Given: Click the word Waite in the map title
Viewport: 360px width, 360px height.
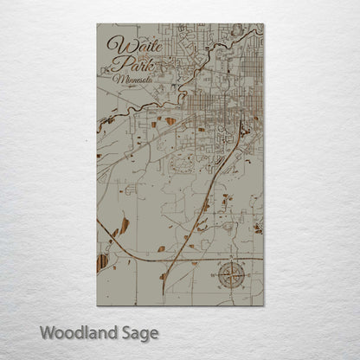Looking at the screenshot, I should coord(130,45).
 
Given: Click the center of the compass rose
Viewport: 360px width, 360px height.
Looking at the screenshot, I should coord(231,274).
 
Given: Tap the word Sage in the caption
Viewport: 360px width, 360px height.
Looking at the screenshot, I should coord(137,332).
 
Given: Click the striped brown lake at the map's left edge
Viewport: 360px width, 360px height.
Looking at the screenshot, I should coord(103,260).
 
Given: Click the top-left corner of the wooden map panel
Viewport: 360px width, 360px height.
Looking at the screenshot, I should coord(97,24).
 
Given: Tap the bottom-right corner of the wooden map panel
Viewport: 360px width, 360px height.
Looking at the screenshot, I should coord(263,305).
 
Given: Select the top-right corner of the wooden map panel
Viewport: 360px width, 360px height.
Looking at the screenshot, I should coord(263,24).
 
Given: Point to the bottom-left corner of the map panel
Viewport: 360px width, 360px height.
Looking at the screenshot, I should coord(97,305).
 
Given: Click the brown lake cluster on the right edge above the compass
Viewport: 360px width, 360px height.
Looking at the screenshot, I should coord(257,228).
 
